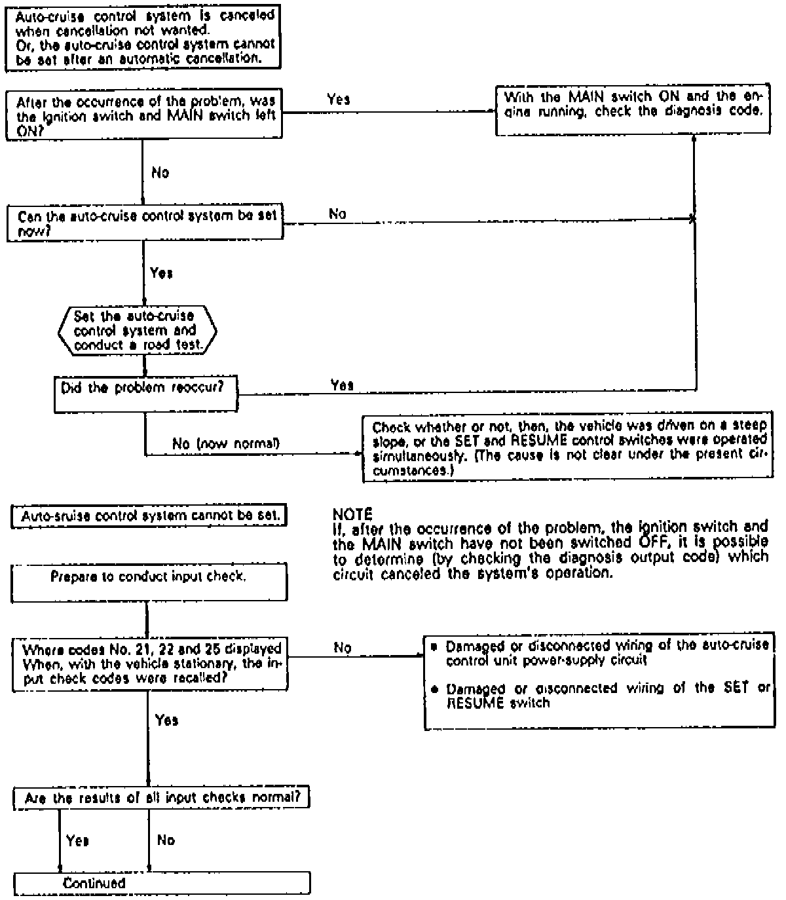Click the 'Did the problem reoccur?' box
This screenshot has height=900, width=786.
point(145,393)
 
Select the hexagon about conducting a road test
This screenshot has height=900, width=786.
point(138,331)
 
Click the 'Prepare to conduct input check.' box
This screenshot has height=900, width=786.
point(149,582)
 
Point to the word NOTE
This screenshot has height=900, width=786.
point(352,514)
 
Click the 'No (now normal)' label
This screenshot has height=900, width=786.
point(225,443)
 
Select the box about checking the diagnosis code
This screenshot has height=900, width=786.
point(632,111)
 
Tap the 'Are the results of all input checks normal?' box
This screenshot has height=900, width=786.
point(161,798)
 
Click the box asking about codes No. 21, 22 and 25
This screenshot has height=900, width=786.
point(150,664)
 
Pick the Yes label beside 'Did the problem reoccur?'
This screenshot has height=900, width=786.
point(342,385)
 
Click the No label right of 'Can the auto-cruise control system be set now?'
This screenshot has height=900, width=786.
point(337,214)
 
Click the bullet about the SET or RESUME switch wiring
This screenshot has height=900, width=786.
point(599,696)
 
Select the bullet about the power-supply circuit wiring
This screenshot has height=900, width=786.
point(599,652)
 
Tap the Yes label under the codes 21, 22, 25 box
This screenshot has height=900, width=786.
point(167,720)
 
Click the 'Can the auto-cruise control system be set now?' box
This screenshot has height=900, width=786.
point(145,223)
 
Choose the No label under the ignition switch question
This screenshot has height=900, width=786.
point(160,172)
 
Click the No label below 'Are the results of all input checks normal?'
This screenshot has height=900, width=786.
point(166,840)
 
